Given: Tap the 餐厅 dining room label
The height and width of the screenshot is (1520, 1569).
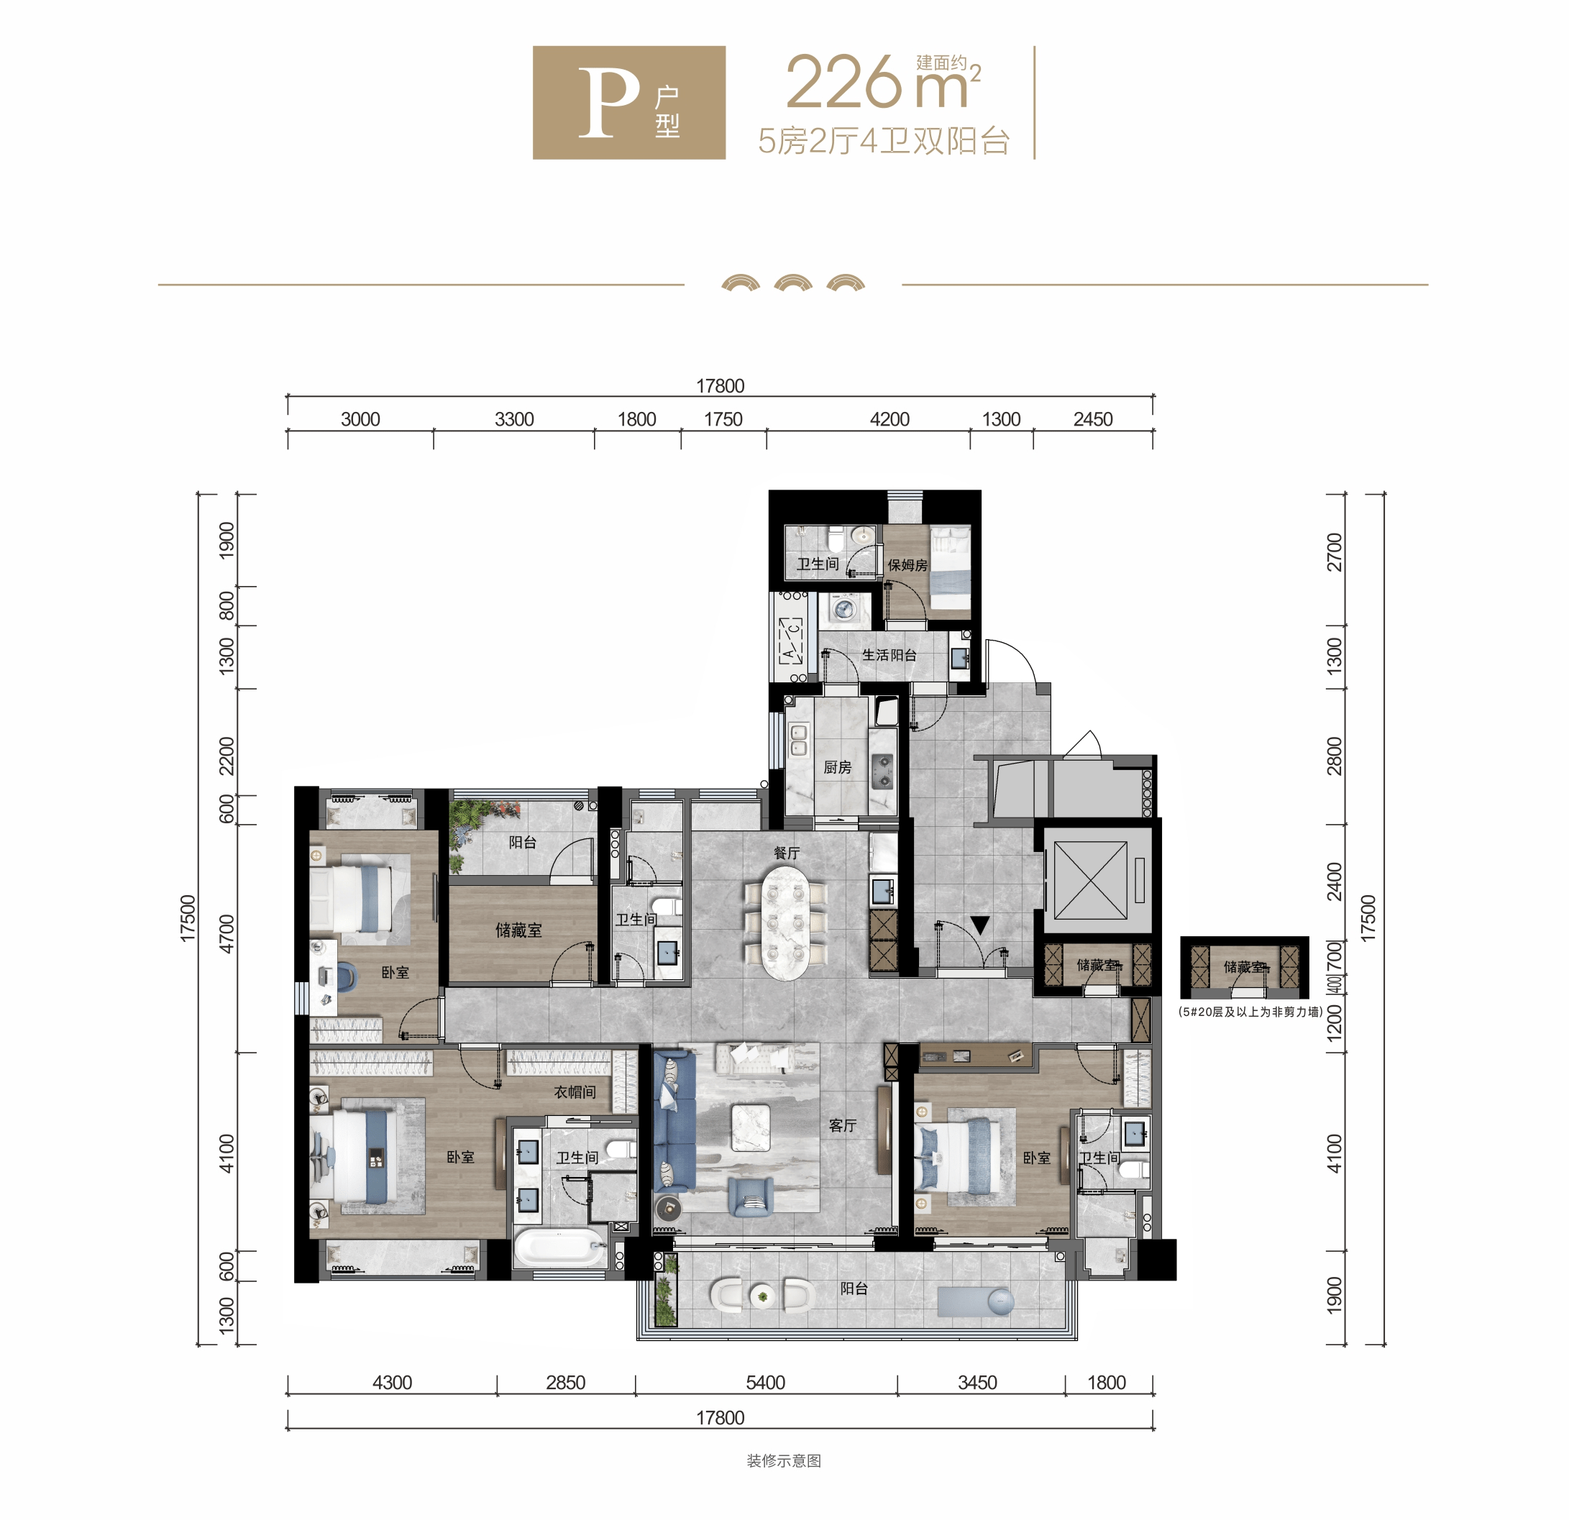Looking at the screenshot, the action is (786, 853).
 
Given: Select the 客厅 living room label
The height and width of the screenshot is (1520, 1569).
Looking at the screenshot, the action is (842, 1125).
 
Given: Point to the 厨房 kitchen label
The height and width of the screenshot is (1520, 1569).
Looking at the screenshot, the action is (837, 766).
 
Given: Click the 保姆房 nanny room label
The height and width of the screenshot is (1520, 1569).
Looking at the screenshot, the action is (907, 565).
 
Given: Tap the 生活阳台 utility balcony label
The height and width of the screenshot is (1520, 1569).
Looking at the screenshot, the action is (889, 655).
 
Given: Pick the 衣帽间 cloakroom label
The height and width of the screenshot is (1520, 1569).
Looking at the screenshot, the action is (575, 1091).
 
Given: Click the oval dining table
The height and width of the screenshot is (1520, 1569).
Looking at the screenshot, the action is (785, 923).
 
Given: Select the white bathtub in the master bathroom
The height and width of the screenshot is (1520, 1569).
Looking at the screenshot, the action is (559, 1248).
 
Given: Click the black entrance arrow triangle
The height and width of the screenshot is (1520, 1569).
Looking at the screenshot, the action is (980, 926).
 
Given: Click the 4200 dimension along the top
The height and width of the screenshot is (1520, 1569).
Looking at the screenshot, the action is (889, 418).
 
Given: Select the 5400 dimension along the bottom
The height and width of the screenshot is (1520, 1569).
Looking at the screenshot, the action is (765, 1383).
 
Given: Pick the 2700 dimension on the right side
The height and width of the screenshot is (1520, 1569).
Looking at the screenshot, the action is (1334, 552).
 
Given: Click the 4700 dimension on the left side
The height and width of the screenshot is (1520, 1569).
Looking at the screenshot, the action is (227, 933).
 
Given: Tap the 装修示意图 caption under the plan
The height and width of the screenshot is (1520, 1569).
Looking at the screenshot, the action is (784, 1461).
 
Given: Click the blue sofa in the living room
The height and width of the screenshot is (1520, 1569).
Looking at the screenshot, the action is (673, 1121).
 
